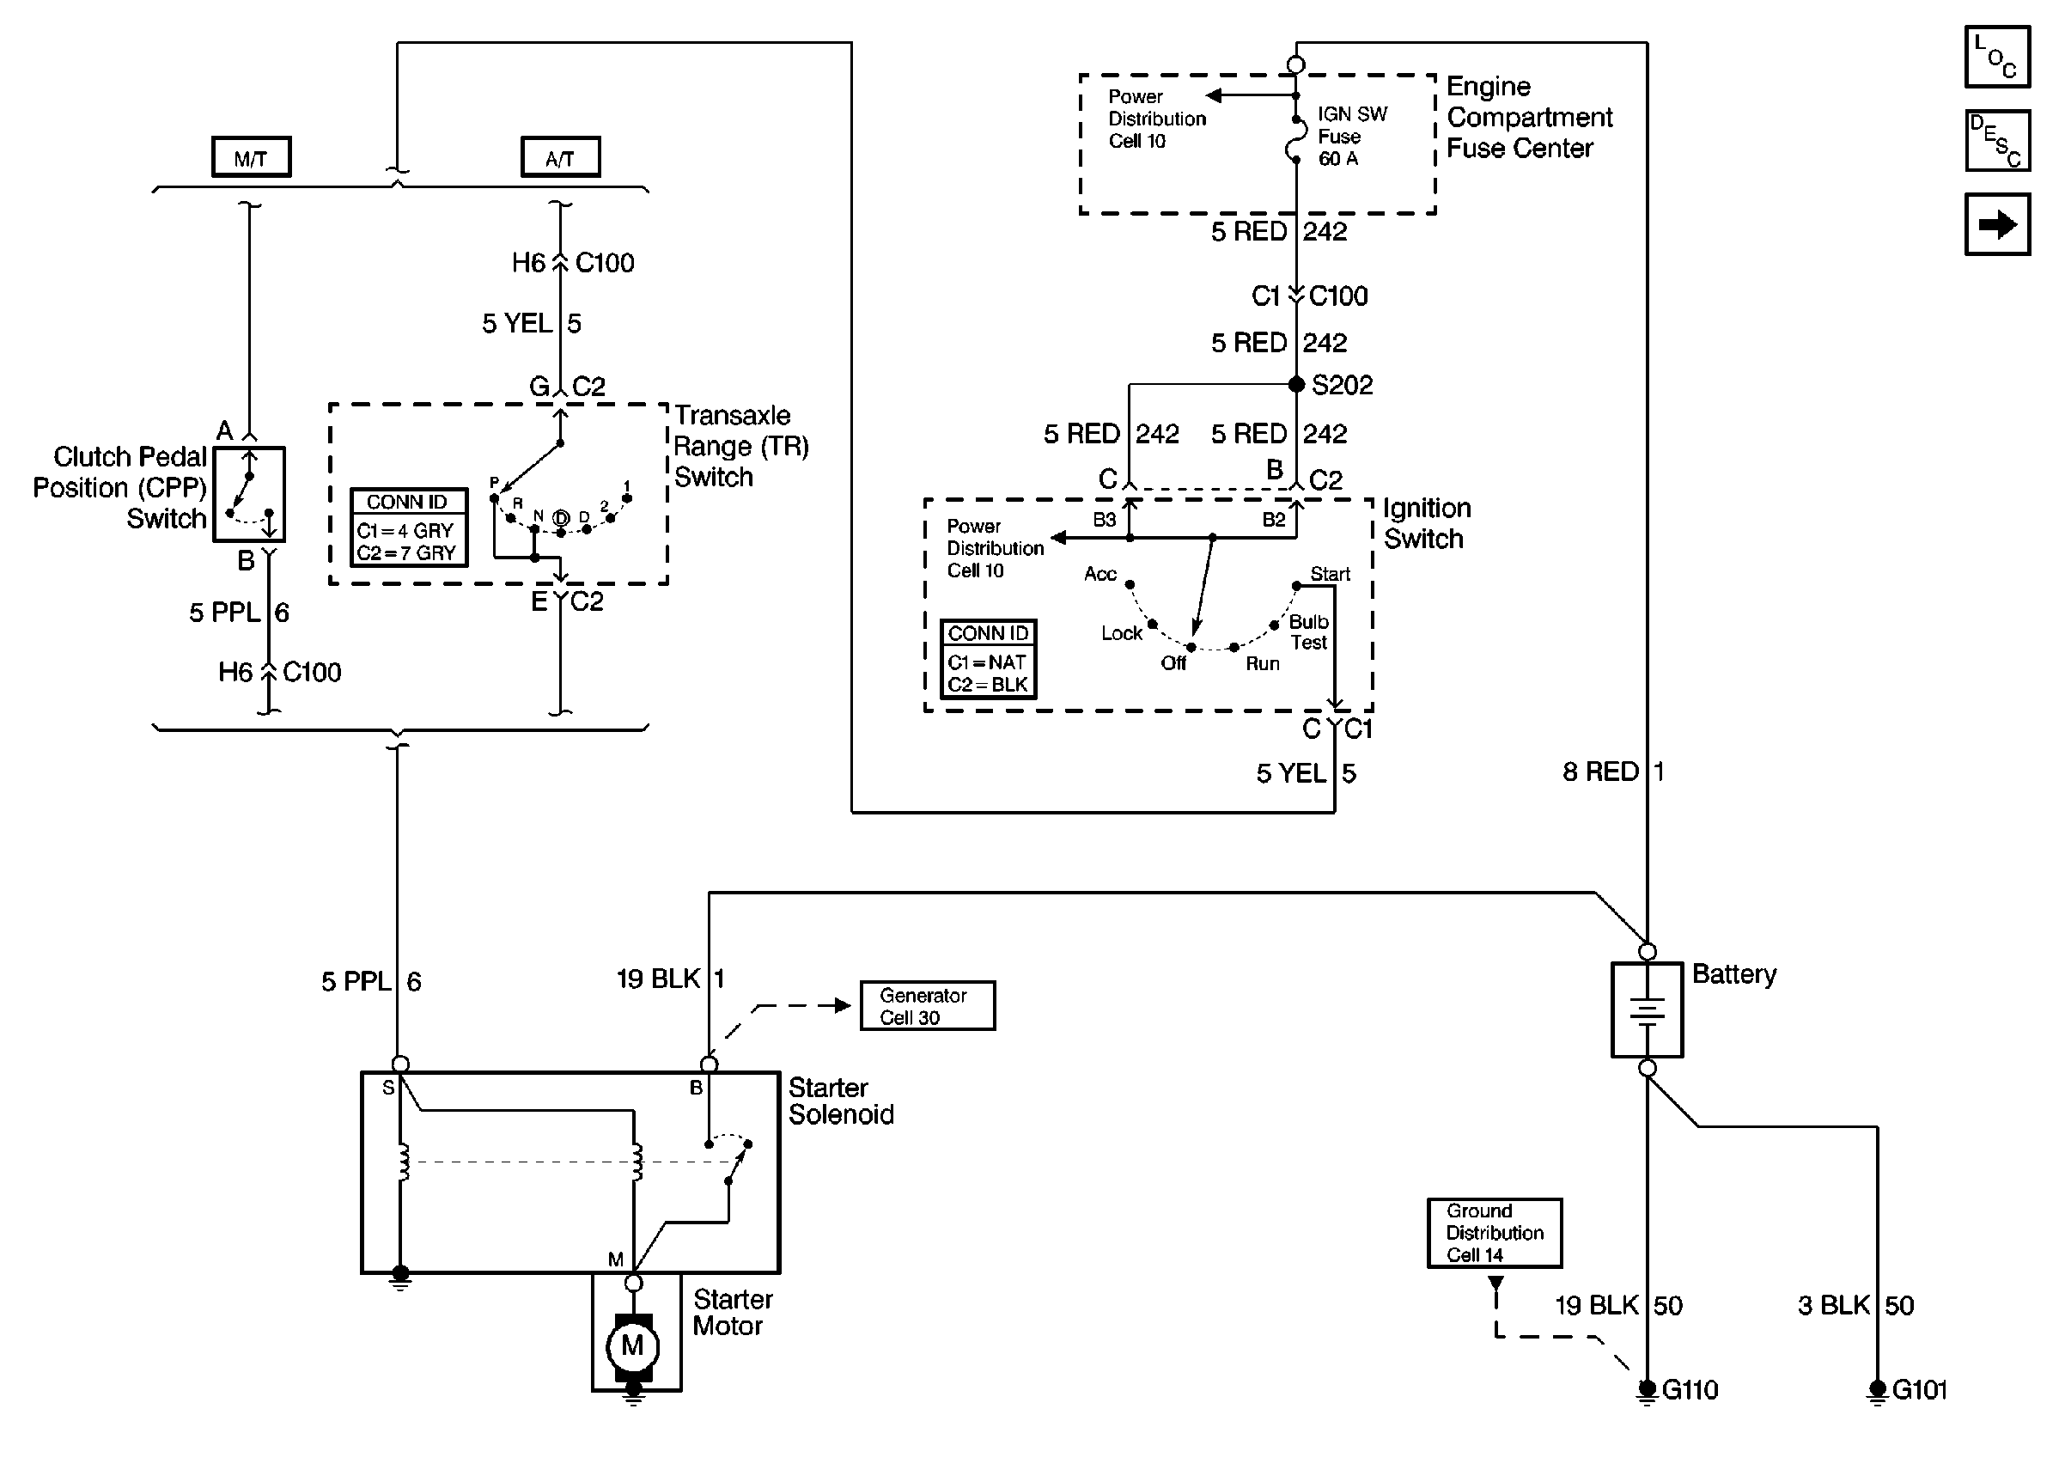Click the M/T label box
point(251,157)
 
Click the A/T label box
point(560,157)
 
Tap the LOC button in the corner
point(1996,57)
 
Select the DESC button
point(1996,141)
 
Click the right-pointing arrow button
point(1996,223)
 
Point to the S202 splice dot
point(1296,384)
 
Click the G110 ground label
point(1689,1390)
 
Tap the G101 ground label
point(1919,1390)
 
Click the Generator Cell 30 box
point(927,1005)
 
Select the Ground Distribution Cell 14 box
point(1494,1232)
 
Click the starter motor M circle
point(632,1345)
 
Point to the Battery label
point(1733,974)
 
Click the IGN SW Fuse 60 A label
point(1352,137)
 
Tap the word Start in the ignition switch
point(1329,575)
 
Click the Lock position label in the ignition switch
point(1121,633)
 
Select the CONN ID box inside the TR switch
point(408,528)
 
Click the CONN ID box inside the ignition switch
point(988,659)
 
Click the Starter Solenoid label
point(840,1101)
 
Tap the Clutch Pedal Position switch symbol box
point(249,494)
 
